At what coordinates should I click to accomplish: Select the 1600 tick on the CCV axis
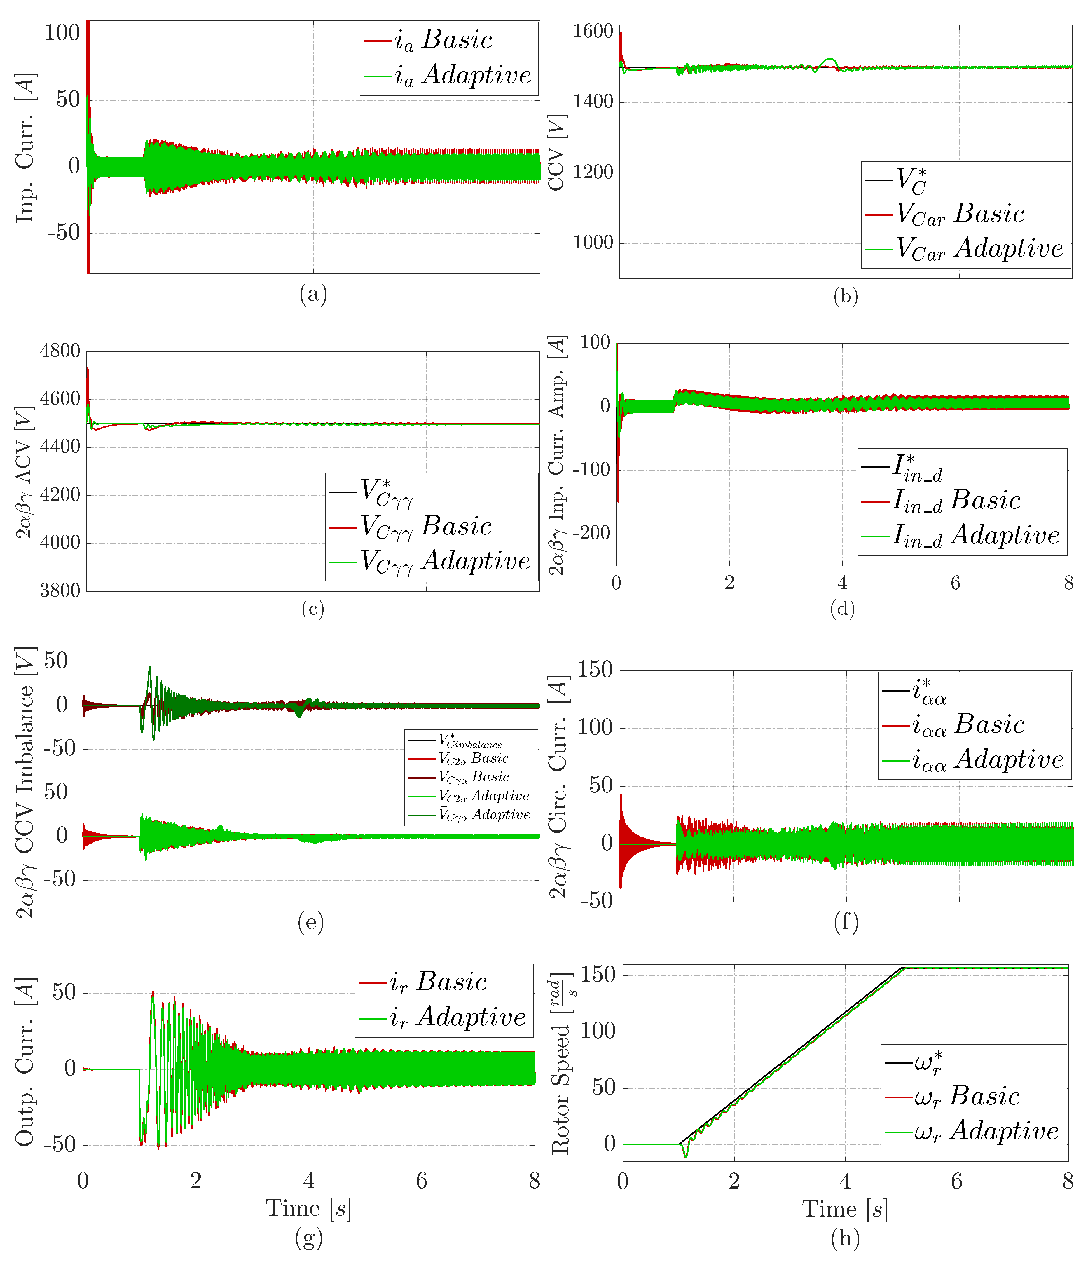click(x=593, y=32)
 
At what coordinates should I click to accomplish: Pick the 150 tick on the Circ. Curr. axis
click(x=595, y=670)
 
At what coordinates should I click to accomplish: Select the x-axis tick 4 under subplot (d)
click(x=842, y=583)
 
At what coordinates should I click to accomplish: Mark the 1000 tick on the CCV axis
click(x=593, y=243)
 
